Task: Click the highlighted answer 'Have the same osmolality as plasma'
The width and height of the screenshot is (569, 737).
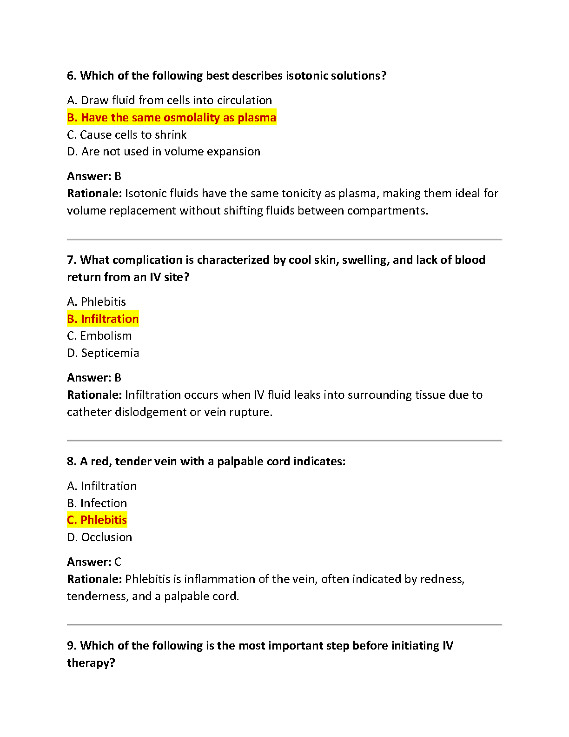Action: (172, 118)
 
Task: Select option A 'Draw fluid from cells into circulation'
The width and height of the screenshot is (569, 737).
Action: (169, 100)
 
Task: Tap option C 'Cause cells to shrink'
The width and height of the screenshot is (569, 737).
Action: (127, 135)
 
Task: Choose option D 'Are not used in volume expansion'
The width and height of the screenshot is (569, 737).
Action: (164, 152)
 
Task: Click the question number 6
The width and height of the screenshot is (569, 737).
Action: (72, 76)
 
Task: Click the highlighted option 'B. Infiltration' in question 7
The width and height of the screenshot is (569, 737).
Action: (103, 319)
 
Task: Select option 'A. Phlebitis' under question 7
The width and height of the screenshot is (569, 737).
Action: (96, 302)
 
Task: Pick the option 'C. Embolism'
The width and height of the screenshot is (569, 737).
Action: (99, 336)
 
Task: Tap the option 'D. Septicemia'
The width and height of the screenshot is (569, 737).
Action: (103, 353)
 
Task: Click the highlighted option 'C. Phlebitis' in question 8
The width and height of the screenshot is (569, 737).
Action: (97, 520)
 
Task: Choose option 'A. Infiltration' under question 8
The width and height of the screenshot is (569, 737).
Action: (102, 486)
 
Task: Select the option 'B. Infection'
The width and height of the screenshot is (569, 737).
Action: (97, 503)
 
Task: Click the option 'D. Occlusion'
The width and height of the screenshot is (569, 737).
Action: (99, 537)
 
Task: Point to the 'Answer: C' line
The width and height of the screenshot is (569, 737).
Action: (94, 562)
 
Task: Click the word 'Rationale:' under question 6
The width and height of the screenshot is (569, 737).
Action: (94, 194)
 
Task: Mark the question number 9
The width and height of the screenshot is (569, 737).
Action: (72, 646)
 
